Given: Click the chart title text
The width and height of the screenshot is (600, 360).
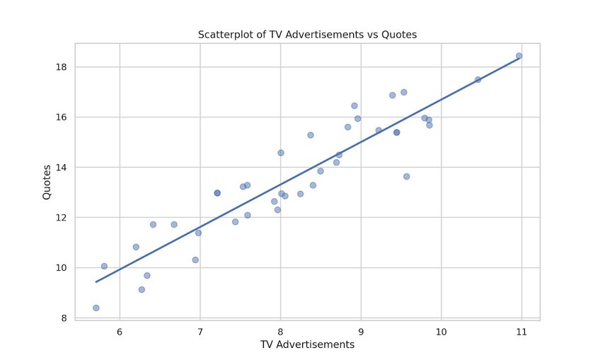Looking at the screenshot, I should coord(307,34).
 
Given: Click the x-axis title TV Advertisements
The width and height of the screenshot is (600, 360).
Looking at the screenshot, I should coord(307,344).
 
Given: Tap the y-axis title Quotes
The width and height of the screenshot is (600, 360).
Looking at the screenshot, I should coord(47,182).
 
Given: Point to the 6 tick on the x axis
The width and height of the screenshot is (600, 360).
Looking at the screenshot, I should coord(120,332).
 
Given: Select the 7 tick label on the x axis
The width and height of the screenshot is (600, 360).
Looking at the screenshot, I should coord(200,332).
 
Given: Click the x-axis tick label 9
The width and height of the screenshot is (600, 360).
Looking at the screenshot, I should coord(361,332).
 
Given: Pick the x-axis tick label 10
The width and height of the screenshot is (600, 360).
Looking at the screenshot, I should coord(442,332).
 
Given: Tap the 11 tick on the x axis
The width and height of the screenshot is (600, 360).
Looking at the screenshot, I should coord(521,332).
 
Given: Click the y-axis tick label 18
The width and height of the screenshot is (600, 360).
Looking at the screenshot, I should coord(62,67).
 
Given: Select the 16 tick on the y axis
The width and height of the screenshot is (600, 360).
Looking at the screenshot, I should coord(62,117).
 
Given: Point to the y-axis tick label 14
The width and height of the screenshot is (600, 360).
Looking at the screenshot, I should coord(62,168).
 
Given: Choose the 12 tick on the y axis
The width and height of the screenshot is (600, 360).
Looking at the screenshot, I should coord(62,218).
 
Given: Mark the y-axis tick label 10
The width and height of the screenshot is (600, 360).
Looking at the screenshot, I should coord(62,268).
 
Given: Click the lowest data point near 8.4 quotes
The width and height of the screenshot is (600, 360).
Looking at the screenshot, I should coord(96,308).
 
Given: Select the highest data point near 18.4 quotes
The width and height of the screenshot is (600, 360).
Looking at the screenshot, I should coord(519,56).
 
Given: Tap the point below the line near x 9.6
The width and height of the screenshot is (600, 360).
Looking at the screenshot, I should coord(406,176).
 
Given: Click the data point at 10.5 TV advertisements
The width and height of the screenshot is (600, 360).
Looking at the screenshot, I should coord(478,79).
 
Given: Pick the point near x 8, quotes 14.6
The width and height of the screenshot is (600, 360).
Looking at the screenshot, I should coord(280,153).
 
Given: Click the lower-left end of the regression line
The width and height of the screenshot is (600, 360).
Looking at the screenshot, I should coord(96,281).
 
